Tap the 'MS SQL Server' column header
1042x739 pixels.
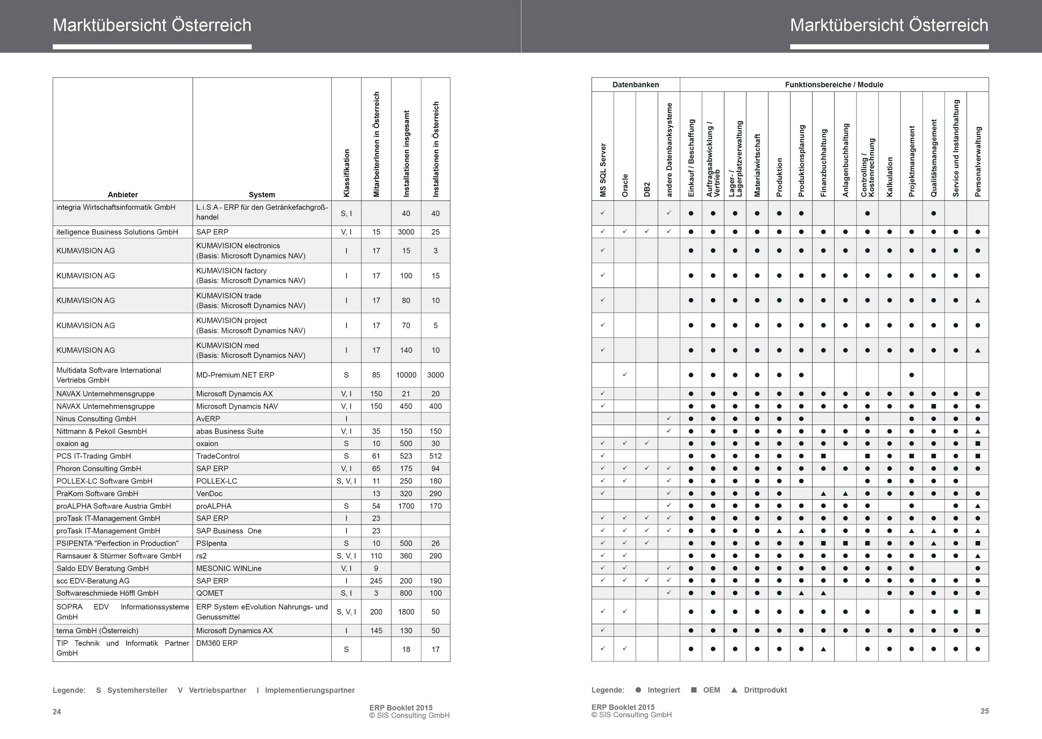[x=603, y=170]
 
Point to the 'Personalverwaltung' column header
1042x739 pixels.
[x=978, y=161]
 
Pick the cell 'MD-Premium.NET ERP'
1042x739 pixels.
[x=235, y=375]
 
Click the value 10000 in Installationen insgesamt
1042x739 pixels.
[x=406, y=375]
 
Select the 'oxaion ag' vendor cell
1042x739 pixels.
[x=72, y=444]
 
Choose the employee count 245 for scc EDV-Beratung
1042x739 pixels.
[x=376, y=581]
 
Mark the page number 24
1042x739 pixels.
[x=57, y=712]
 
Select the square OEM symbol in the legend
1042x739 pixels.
[x=694, y=690]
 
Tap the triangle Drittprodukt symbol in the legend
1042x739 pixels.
[x=734, y=690]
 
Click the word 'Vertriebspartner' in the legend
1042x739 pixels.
[x=217, y=690]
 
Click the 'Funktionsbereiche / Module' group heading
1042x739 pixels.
[x=834, y=85]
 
